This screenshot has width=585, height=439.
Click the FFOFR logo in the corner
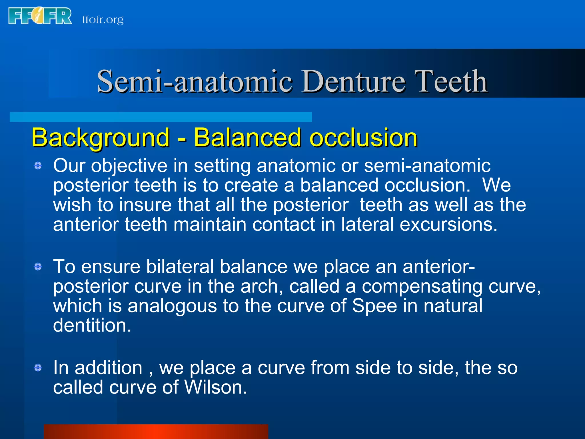(x=40, y=16)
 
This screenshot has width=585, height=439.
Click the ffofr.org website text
(x=103, y=19)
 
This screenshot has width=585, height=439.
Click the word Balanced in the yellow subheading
(x=247, y=138)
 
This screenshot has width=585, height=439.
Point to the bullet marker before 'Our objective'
(x=38, y=166)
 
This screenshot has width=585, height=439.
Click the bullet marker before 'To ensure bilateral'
(x=38, y=267)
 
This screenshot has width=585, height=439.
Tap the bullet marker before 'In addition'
(x=38, y=368)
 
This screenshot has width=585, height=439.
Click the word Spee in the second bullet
(x=374, y=306)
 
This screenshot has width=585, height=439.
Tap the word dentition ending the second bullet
(x=92, y=325)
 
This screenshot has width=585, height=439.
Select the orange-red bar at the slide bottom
(x=156, y=432)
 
